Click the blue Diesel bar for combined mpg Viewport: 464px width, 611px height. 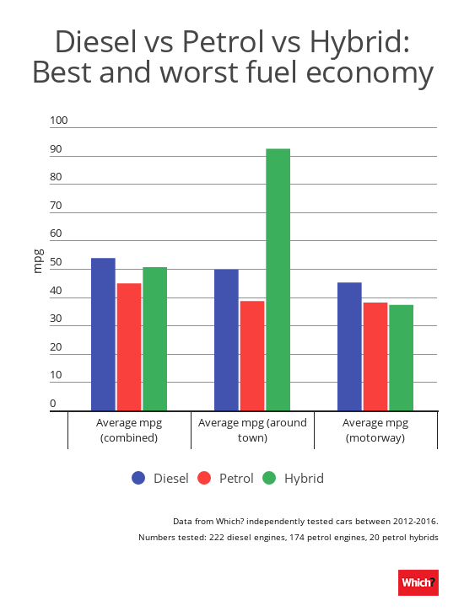[103, 334]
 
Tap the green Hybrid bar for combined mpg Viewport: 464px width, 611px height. [154, 339]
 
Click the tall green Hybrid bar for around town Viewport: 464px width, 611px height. [278, 279]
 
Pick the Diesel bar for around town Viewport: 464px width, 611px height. [226, 340]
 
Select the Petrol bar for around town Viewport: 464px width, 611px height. [252, 355]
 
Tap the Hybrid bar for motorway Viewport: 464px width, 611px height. [401, 357]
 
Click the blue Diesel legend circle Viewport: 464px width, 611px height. [139, 479]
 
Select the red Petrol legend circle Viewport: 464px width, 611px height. [204, 479]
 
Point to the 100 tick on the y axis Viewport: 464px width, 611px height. [58, 121]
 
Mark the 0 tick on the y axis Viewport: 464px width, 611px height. [53, 405]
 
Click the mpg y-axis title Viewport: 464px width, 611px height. [38, 262]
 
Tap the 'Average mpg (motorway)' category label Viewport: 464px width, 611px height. [375, 430]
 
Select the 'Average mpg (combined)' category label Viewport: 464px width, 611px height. [129, 430]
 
